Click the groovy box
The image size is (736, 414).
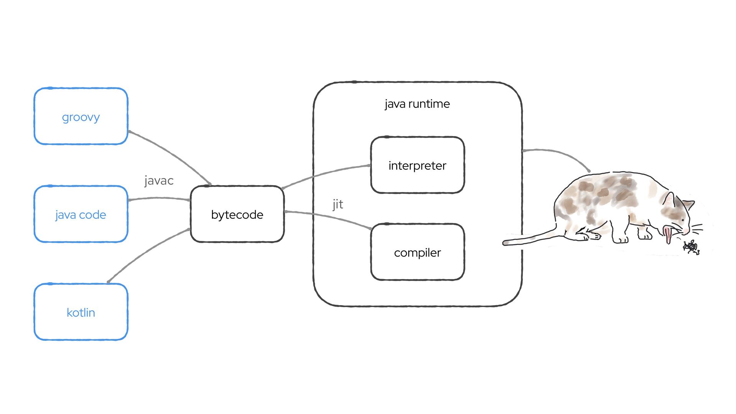(x=80, y=117)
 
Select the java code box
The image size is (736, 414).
(x=80, y=214)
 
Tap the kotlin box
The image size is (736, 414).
(x=80, y=312)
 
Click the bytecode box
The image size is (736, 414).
(x=237, y=214)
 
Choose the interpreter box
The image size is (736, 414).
(x=417, y=165)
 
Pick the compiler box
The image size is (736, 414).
(x=417, y=252)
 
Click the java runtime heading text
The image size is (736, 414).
(x=417, y=104)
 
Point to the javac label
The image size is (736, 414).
(x=159, y=181)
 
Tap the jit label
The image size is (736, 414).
(x=337, y=204)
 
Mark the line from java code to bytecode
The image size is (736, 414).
(x=159, y=198)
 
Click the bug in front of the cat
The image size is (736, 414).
(x=691, y=247)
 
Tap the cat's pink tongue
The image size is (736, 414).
(x=668, y=234)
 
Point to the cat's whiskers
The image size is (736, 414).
(x=697, y=228)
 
